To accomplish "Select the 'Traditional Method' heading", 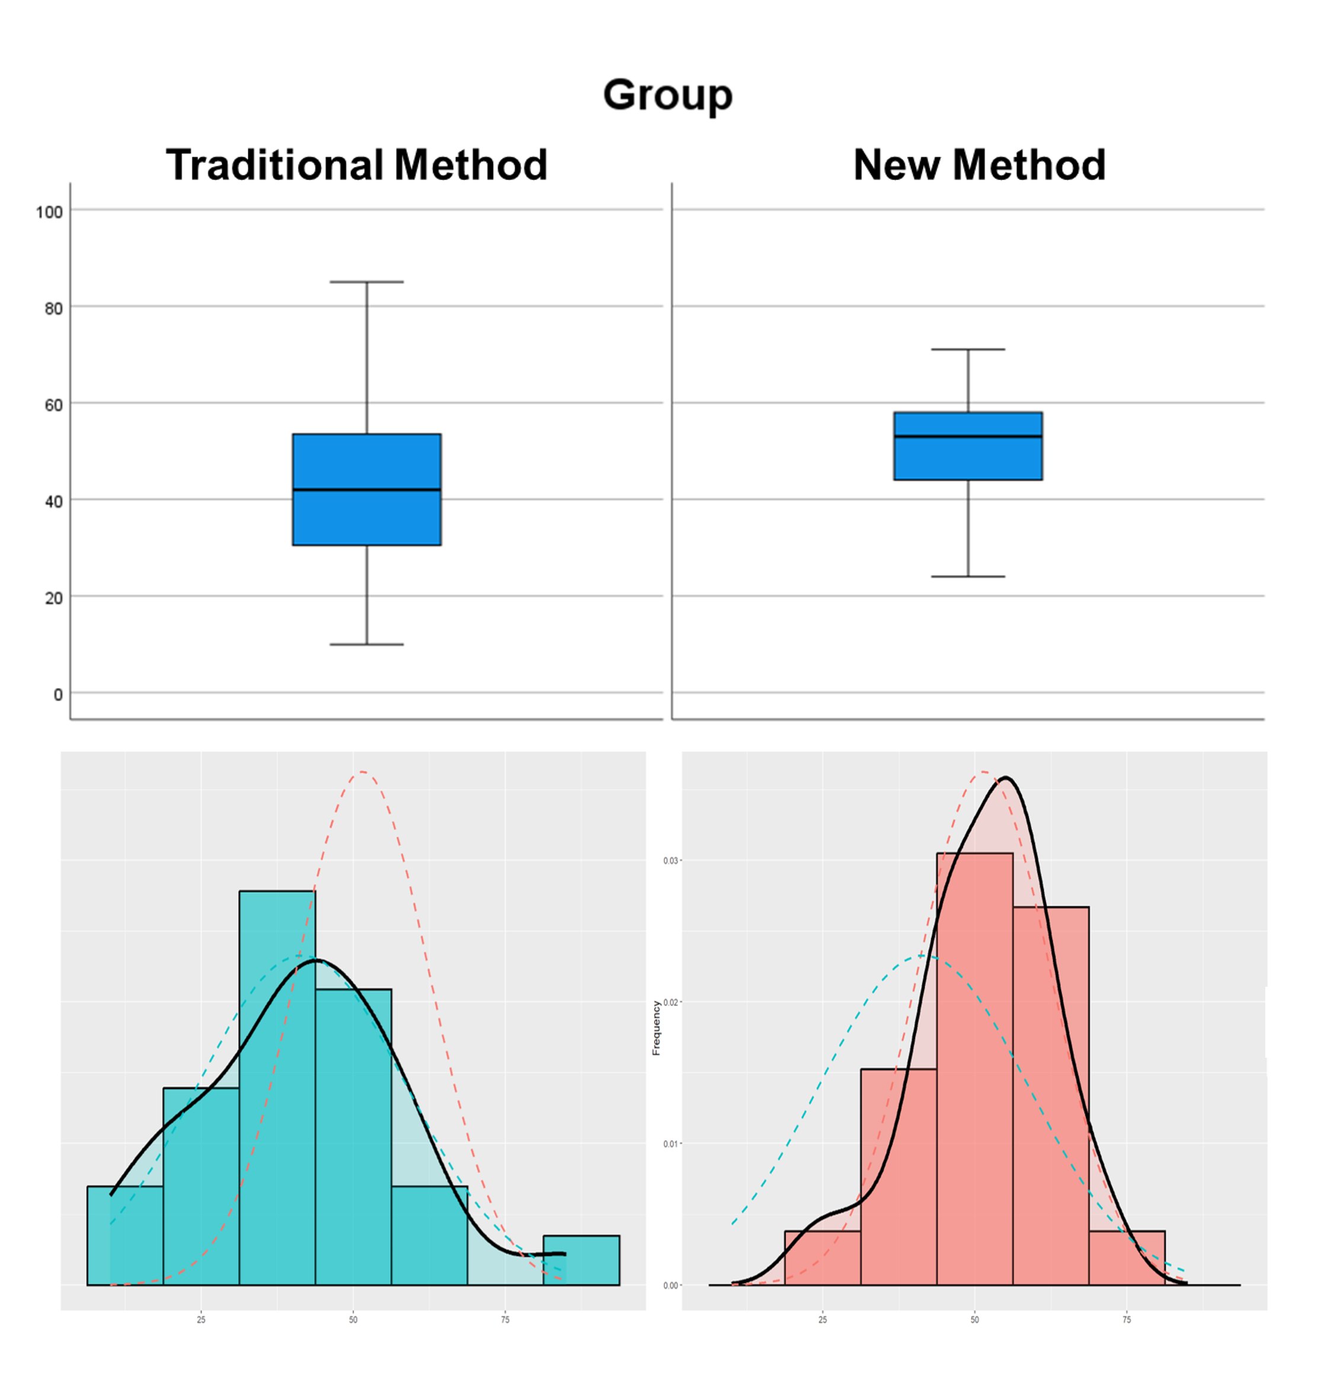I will [x=356, y=165].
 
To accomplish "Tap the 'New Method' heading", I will [x=979, y=165].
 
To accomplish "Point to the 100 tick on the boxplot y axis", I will [x=49, y=212].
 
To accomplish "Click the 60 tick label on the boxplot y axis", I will [x=53, y=405].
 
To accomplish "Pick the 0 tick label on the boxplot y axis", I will [x=58, y=695].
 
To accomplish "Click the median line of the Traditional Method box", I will [x=367, y=490].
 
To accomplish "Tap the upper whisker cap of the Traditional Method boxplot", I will [x=367, y=282].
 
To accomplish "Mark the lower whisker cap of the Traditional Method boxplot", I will [x=367, y=645].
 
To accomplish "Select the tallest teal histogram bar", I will [x=277, y=1086].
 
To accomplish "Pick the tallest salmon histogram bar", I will [x=974, y=1069].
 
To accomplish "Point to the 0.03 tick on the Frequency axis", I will [x=670, y=861].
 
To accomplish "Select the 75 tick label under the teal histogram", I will [x=505, y=1320].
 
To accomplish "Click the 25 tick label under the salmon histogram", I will [x=822, y=1320].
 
